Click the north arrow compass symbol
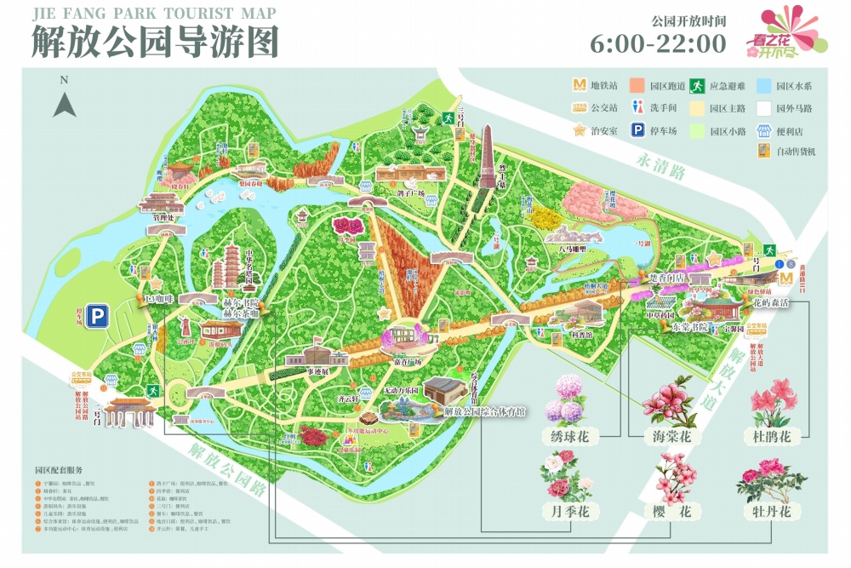[x=65, y=102]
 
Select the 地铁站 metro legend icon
[x=580, y=85]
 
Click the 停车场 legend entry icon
[x=636, y=130]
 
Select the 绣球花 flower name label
[x=570, y=437]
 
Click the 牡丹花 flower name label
[x=772, y=512]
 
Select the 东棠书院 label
[x=671, y=325]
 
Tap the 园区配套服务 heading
[x=59, y=470]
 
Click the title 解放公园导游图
[x=156, y=42]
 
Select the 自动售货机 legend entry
[x=786, y=152]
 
